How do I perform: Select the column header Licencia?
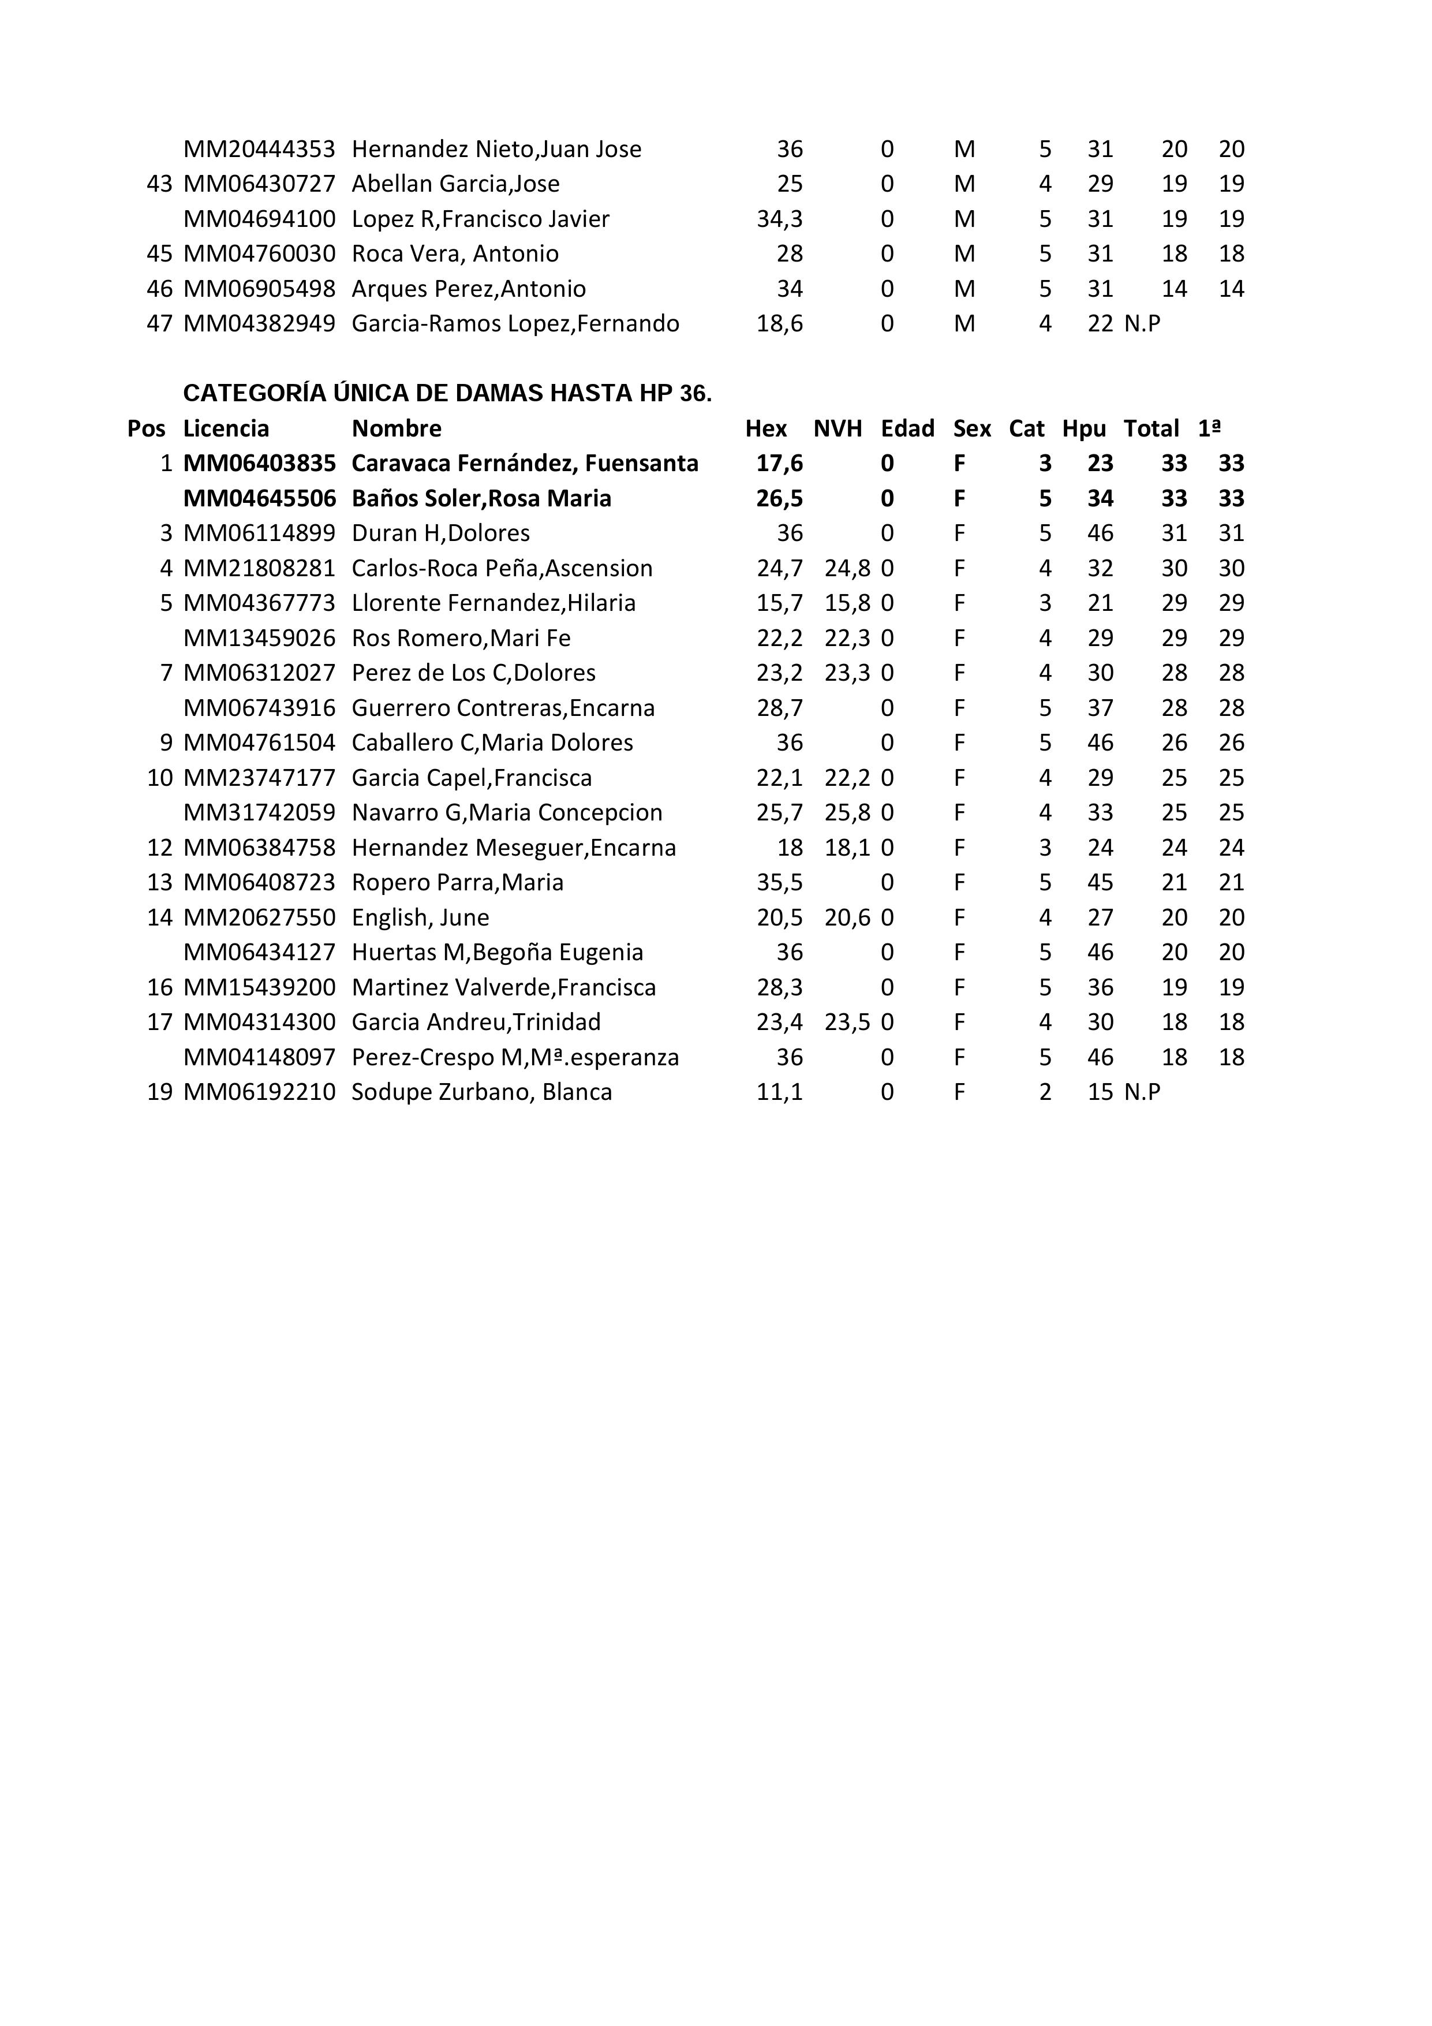226,429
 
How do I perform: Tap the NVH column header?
837,429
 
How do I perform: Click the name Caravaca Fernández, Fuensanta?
525,463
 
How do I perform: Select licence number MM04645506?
259,498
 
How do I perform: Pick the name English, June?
420,917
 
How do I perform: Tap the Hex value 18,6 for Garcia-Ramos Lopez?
780,324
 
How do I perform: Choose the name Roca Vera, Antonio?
455,254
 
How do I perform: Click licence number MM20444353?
259,149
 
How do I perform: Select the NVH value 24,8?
847,568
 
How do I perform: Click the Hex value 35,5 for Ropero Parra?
780,882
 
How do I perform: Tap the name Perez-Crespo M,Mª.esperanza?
515,1057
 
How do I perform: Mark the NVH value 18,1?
847,848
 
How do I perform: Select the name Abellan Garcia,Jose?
455,184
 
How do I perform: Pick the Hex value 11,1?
780,1092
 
